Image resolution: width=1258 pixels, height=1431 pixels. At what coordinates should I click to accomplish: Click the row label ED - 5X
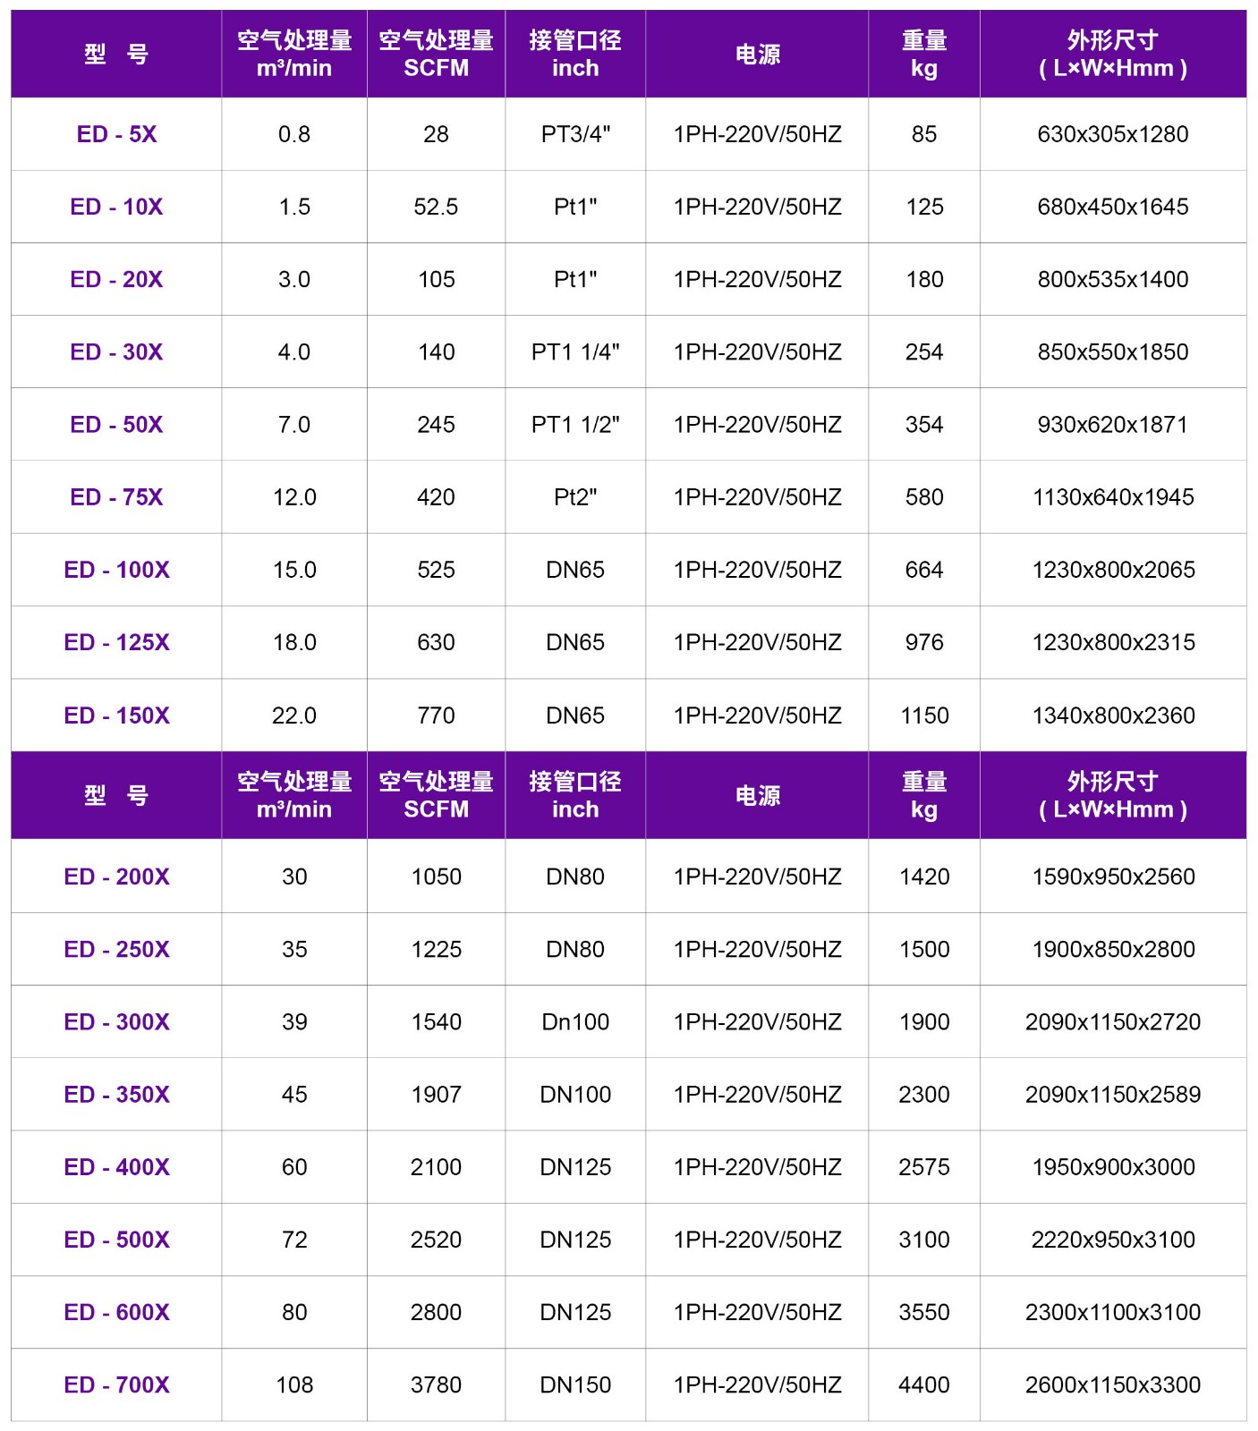click(x=116, y=134)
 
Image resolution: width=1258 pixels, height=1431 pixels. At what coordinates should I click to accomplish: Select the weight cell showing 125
click(x=924, y=207)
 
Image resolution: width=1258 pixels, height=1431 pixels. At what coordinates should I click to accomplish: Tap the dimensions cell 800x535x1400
click(x=1113, y=279)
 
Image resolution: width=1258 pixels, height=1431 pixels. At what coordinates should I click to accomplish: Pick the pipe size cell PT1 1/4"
click(x=575, y=351)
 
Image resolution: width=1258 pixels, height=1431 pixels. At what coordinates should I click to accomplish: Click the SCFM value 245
click(x=436, y=424)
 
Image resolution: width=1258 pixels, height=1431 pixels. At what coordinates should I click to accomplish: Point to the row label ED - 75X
click(x=116, y=497)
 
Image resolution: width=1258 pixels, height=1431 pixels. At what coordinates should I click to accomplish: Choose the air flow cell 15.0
click(x=294, y=570)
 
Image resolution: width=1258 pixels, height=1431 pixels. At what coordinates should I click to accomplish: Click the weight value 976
click(x=924, y=642)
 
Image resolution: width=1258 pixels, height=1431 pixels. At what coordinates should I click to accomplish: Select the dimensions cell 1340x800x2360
click(x=1113, y=715)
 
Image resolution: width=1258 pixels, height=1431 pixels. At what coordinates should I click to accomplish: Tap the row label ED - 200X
click(x=116, y=876)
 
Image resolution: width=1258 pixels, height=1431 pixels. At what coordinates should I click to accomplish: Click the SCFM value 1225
click(x=436, y=949)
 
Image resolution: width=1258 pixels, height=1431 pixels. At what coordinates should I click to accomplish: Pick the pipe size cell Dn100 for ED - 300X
click(x=575, y=1021)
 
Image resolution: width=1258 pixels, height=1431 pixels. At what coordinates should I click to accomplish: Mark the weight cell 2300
click(x=924, y=1094)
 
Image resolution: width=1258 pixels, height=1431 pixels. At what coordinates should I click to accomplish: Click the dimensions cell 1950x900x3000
click(x=1113, y=1167)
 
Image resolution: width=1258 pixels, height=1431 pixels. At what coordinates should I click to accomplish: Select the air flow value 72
click(x=294, y=1240)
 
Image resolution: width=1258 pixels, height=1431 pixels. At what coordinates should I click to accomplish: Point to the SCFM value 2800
click(x=436, y=1312)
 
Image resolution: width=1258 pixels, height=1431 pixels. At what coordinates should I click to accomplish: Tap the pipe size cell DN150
click(x=575, y=1384)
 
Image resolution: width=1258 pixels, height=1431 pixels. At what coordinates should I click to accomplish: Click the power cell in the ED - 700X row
click(x=757, y=1384)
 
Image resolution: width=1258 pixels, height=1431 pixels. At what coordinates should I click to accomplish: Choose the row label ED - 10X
click(x=116, y=207)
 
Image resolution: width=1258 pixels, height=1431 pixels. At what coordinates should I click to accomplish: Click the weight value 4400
click(x=924, y=1384)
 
